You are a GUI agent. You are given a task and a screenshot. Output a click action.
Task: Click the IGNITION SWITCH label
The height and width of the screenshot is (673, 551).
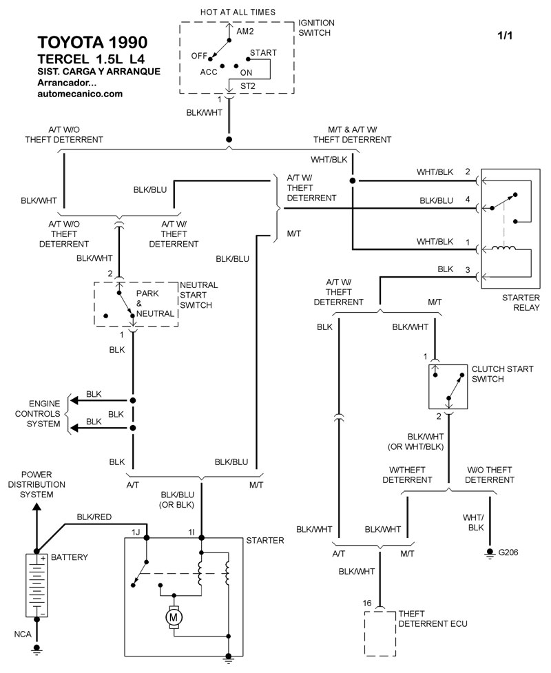pos(315,28)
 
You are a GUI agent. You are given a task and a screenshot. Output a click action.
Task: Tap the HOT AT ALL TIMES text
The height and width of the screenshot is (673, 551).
pos(238,12)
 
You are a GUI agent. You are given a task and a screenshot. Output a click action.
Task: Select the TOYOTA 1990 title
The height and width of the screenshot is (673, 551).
pos(91,41)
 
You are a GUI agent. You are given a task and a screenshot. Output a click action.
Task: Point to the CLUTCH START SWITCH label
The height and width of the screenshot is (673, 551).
pos(502,374)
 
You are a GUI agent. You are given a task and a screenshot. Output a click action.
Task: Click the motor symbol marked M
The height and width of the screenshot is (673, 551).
pos(174,617)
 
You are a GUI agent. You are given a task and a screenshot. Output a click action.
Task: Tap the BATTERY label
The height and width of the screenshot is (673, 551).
pos(70,557)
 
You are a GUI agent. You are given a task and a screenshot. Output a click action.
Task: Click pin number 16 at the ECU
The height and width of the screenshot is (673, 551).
pos(368,603)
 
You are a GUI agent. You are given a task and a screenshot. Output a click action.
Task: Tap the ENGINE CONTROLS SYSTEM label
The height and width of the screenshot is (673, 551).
pos(44,413)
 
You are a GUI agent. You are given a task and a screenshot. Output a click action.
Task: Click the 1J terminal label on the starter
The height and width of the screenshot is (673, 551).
pos(138,532)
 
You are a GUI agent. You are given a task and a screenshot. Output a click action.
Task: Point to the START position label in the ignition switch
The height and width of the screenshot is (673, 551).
pos(263,52)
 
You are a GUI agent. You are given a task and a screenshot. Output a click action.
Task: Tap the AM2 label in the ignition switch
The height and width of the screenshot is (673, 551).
pos(246,32)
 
